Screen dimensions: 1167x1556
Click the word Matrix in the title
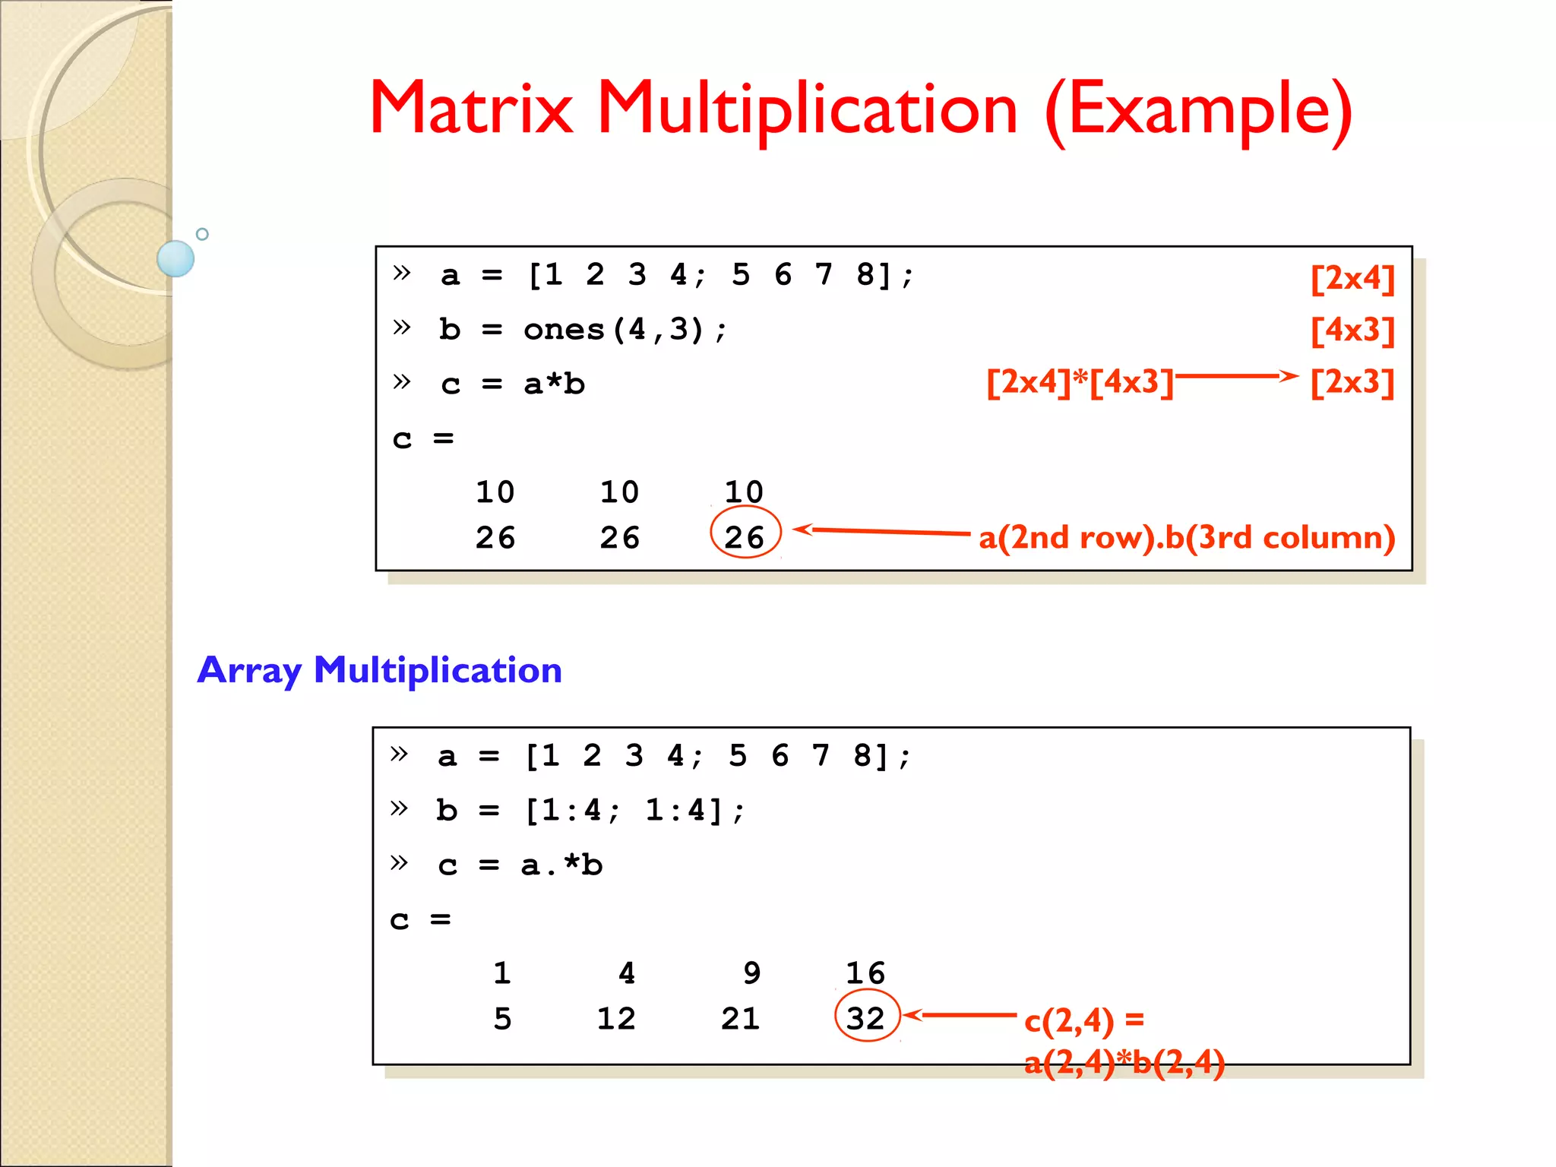(x=471, y=109)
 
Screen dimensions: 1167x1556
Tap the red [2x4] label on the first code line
(x=1352, y=278)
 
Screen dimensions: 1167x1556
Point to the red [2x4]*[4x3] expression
(x=1080, y=381)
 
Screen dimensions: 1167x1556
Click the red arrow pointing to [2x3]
(x=1236, y=375)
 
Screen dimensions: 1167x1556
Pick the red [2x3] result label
(x=1352, y=381)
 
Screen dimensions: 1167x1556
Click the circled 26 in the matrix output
(x=745, y=536)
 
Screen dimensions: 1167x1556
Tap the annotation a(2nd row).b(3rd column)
(x=1186, y=537)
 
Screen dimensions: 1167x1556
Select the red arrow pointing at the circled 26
(x=881, y=531)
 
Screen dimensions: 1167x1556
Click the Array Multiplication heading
(x=379, y=670)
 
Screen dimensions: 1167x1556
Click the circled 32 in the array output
(x=866, y=1018)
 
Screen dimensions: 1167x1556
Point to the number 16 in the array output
(x=865, y=973)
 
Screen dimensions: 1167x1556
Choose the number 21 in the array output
(x=740, y=1019)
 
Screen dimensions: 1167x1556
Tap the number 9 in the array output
(x=751, y=973)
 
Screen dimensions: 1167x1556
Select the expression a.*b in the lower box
(x=561, y=865)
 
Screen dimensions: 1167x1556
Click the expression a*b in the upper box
(x=554, y=384)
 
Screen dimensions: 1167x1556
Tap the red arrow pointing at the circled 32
(x=960, y=1015)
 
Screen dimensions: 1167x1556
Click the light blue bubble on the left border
(x=176, y=258)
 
